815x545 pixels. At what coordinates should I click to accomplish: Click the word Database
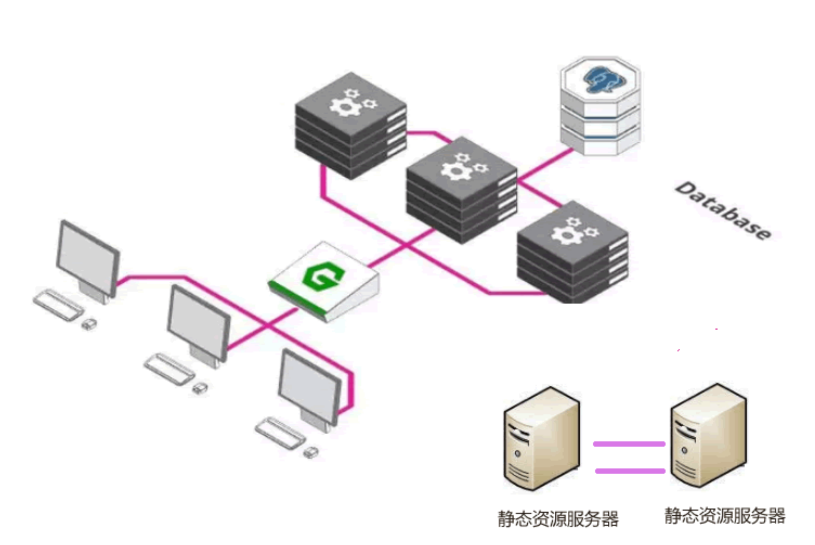(x=723, y=211)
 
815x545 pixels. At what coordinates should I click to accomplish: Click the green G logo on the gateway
(x=323, y=276)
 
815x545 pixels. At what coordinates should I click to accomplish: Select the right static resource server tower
(x=708, y=435)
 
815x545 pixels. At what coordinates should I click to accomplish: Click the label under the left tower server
(x=558, y=519)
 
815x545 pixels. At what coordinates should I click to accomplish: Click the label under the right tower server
(x=725, y=516)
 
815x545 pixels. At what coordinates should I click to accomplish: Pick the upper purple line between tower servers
(x=629, y=444)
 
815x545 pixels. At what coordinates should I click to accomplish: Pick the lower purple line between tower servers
(x=630, y=471)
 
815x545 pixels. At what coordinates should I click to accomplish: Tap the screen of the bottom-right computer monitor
(x=309, y=386)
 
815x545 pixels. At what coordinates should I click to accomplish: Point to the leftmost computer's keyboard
(x=59, y=305)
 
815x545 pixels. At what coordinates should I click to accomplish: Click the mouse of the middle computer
(x=200, y=388)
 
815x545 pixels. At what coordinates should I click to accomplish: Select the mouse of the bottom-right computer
(x=311, y=452)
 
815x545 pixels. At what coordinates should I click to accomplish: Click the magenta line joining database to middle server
(x=545, y=164)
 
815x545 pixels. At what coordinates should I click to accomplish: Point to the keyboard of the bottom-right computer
(x=280, y=433)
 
